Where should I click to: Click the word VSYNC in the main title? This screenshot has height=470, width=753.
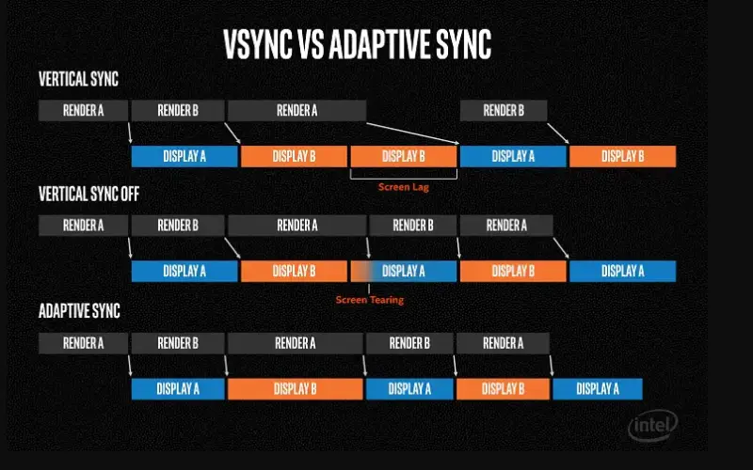coord(258,44)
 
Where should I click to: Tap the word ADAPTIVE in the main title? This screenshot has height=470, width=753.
coord(381,44)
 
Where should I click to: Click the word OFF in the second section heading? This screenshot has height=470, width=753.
coord(130,194)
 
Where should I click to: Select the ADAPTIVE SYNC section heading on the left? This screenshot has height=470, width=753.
coord(79,311)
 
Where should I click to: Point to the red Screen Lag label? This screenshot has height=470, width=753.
coord(404,187)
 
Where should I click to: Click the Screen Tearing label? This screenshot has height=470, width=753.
coord(370,300)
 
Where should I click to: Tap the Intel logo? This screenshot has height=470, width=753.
coord(652,426)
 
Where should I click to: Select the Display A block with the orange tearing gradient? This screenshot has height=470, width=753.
coord(404,272)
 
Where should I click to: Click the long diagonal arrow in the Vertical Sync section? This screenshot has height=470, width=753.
coord(412,133)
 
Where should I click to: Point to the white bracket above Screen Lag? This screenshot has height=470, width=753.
coord(404,179)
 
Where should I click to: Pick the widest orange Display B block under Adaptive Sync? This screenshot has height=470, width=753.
coord(295,389)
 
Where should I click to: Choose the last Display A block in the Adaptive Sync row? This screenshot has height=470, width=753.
coord(598,389)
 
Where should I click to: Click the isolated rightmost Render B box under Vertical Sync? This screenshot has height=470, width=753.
coord(504,110)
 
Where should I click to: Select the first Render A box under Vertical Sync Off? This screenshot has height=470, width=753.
coord(83,226)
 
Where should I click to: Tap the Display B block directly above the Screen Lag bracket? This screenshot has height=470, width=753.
coord(404,156)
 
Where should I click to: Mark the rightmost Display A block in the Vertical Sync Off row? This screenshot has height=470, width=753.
coord(622,272)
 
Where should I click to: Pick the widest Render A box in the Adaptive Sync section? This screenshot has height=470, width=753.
coord(295,343)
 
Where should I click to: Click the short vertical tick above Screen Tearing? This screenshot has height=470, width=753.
coord(369,289)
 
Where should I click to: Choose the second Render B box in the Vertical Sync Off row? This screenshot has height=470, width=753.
coord(412,226)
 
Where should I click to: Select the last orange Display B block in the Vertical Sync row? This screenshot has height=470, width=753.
coord(622,156)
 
